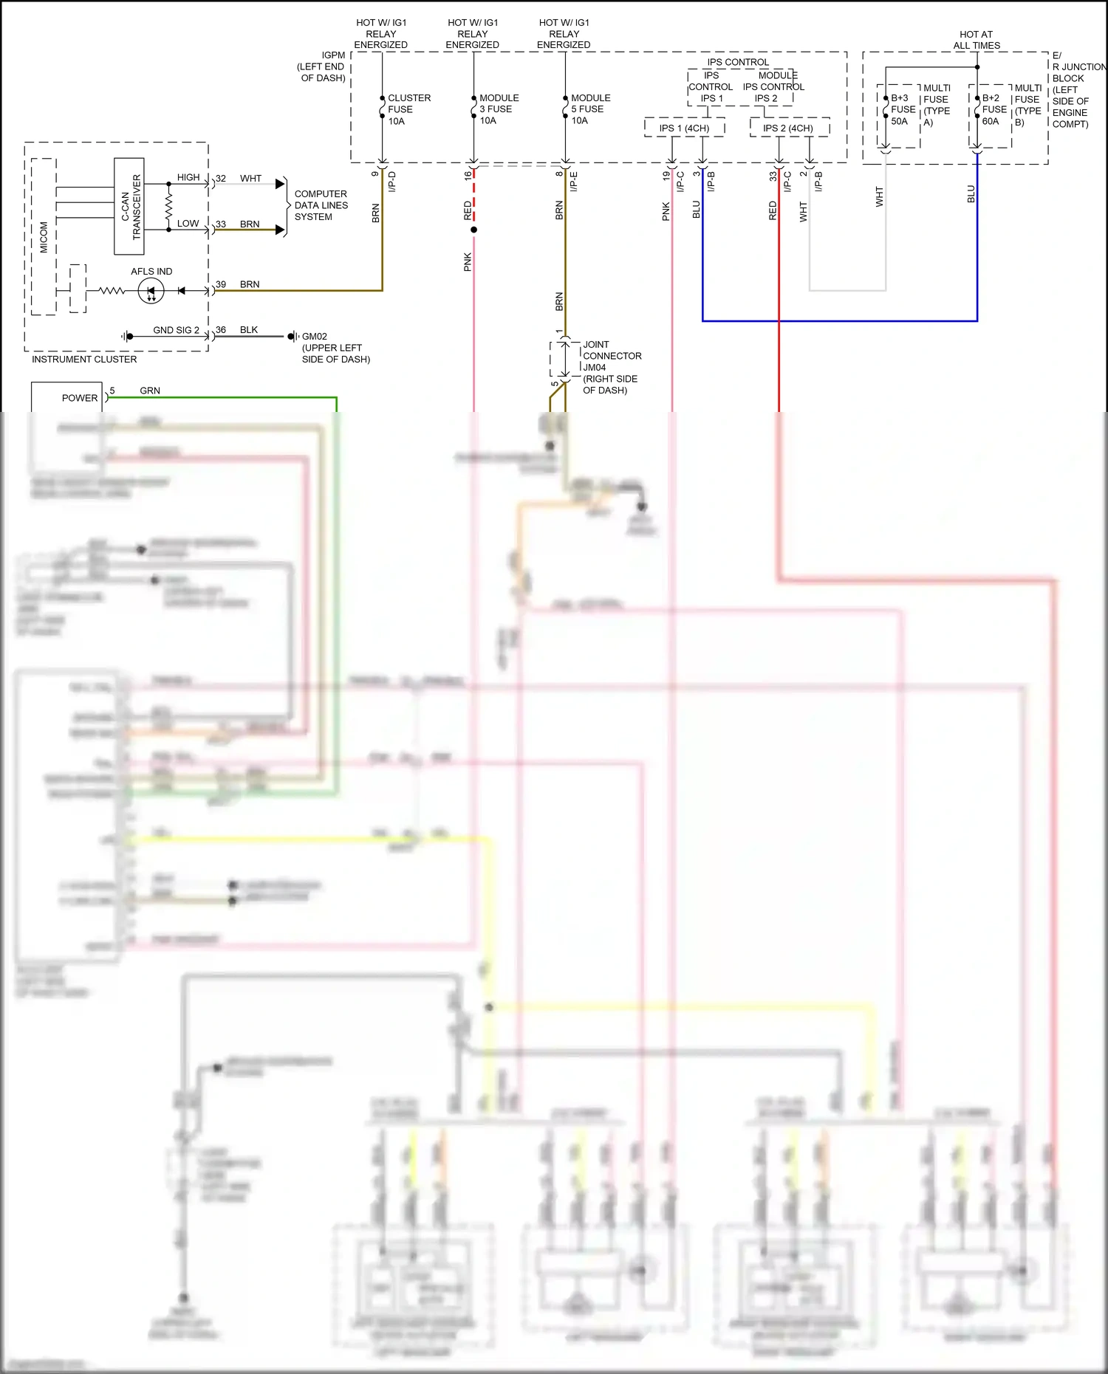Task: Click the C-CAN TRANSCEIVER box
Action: tap(129, 206)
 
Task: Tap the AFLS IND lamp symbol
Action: tap(151, 291)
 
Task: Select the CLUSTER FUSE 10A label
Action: tap(408, 109)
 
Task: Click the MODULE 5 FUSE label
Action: tap(589, 109)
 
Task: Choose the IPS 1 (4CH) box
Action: tap(684, 128)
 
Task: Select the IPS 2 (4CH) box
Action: tap(788, 128)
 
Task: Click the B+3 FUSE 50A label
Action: tap(902, 109)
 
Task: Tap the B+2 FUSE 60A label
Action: tap(994, 109)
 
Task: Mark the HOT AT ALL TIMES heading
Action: tap(976, 40)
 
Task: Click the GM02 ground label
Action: tap(315, 337)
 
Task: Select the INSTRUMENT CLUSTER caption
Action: tap(84, 360)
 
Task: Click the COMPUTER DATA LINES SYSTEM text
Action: tap(321, 205)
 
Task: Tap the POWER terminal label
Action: tap(79, 398)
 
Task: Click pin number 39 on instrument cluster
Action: tap(221, 284)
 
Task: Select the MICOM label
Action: tap(44, 236)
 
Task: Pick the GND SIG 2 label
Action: tap(176, 330)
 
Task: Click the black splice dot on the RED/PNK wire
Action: tap(473, 230)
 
